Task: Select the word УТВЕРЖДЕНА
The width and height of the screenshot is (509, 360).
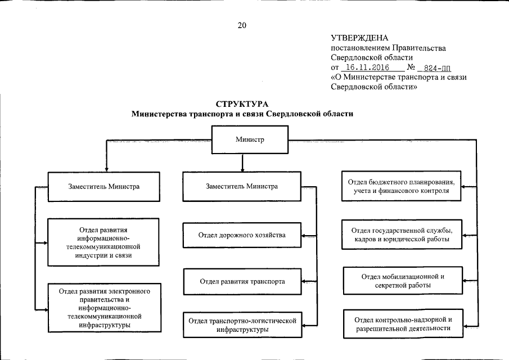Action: click(x=359, y=38)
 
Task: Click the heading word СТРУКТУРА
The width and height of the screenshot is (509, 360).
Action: click(x=242, y=103)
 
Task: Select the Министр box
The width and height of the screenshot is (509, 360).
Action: click(x=249, y=139)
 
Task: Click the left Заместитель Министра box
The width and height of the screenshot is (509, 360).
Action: click(x=104, y=187)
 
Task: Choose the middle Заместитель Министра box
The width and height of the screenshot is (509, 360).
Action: click(x=241, y=187)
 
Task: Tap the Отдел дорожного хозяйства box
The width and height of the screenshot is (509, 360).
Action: click(x=242, y=235)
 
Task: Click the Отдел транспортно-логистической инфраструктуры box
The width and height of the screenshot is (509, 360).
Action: click(x=242, y=325)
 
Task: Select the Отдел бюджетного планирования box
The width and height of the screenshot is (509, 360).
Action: click(x=402, y=187)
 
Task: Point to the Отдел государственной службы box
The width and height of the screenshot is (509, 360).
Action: click(x=402, y=235)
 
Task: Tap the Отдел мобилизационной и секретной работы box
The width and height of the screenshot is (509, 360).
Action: click(x=403, y=281)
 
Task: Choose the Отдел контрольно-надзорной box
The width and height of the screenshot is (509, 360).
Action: click(x=403, y=324)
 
